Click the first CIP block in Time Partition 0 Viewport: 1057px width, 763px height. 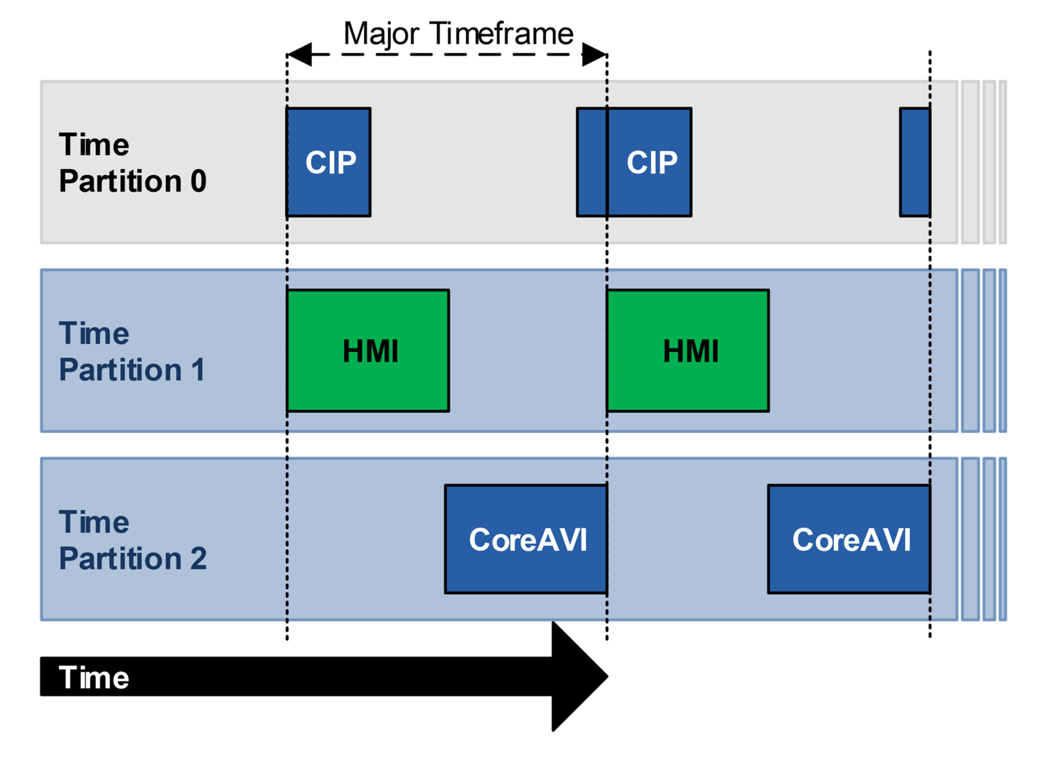tap(328, 162)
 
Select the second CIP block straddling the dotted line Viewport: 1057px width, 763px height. tap(634, 162)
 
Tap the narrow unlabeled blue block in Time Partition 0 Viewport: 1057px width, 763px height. tap(915, 162)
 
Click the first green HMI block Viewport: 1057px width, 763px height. tap(368, 350)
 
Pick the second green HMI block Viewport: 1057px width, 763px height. tap(688, 350)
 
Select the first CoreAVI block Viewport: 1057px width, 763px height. tap(526, 539)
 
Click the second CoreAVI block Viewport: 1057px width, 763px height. tap(849, 539)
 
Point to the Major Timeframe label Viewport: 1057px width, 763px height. tap(458, 33)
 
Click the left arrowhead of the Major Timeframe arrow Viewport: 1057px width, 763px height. tap(299, 55)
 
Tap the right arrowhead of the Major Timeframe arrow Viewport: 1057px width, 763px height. tap(594, 55)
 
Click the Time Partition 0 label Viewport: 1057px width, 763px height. tap(132, 163)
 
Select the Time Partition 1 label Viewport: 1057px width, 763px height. tap(132, 351)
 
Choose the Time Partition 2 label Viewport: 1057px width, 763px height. tap(132, 540)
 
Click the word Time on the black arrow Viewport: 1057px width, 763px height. tap(94, 677)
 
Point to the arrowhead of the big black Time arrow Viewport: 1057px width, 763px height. tap(578, 676)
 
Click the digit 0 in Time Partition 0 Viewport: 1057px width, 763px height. tap(198, 181)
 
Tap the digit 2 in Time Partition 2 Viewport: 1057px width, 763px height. tap(198, 558)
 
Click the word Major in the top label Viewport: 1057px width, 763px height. tap(380, 33)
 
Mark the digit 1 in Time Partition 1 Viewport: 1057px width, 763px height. tap(198, 370)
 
